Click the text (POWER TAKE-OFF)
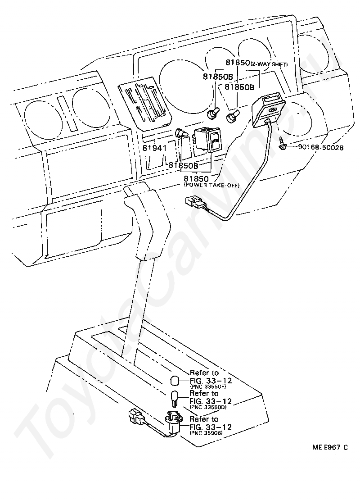click(211, 185)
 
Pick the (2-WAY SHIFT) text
click(269, 64)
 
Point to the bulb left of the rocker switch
click(182, 134)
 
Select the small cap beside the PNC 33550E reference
click(175, 381)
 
